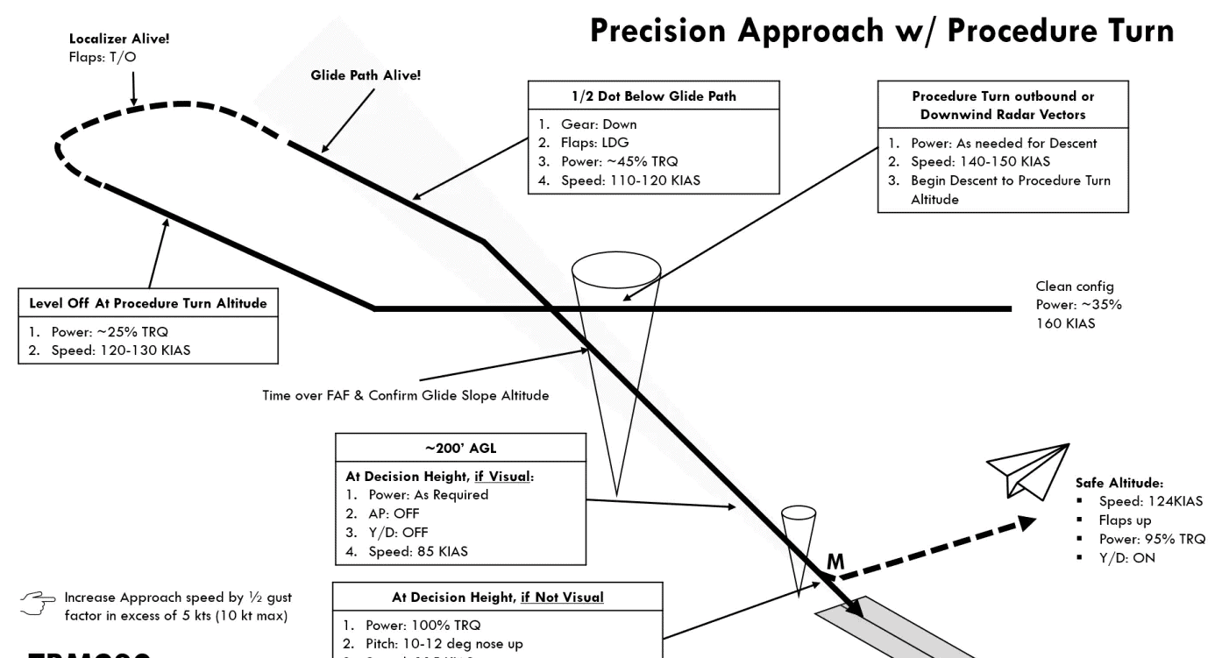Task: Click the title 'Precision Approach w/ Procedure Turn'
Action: pyautogui.click(x=882, y=32)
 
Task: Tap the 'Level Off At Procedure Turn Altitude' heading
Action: pyautogui.click(x=146, y=303)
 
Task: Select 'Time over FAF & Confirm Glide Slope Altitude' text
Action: pyautogui.click(x=406, y=395)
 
